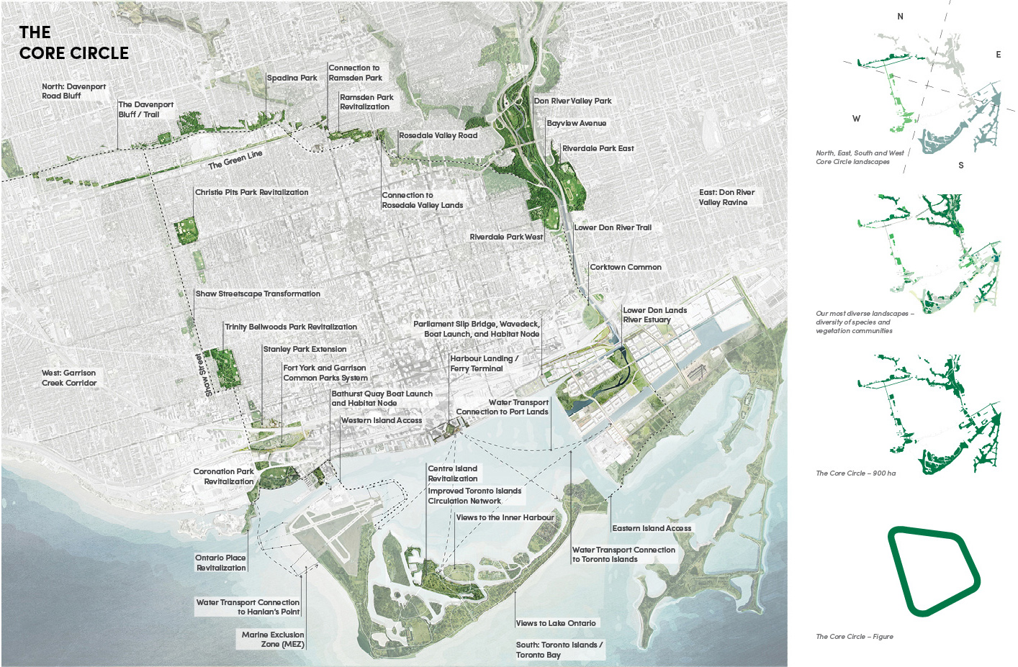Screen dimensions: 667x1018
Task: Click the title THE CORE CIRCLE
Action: [73, 43]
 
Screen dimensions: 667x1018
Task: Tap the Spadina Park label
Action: [292, 78]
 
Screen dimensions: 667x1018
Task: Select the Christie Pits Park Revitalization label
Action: [251, 192]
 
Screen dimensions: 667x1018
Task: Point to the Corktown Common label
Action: [625, 267]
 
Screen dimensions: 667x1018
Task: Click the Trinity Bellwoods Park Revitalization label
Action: [290, 327]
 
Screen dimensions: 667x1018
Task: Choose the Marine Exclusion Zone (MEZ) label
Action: [273, 640]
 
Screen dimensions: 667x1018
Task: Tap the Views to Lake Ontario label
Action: [556, 623]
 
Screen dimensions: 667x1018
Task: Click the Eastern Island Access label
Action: [652, 528]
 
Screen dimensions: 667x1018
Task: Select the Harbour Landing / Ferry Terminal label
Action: [483, 363]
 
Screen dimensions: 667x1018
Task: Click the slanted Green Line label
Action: [235, 160]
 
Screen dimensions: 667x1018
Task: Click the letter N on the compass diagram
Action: [900, 17]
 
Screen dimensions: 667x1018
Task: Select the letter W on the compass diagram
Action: [856, 119]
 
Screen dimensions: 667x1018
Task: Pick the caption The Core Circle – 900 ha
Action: [855, 473]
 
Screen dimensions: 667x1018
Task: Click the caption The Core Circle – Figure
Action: [854, 637]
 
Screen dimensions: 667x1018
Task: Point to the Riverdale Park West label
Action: [506, 237]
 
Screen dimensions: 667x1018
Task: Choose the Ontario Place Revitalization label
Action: [220, 563]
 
